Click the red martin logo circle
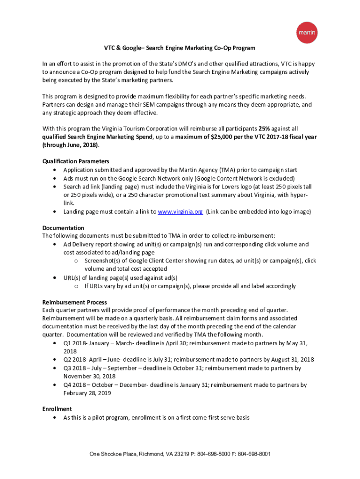[307, 33]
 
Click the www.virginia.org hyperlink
[180, 212]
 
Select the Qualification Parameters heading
[76, 161]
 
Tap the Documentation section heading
[63, 228]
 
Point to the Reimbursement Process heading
[75, 302]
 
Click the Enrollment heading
[57, 409]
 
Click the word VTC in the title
[109, 48]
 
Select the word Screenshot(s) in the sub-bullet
[102, 261]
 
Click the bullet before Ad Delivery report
[56, 245]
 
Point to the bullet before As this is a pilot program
[56, 417]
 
